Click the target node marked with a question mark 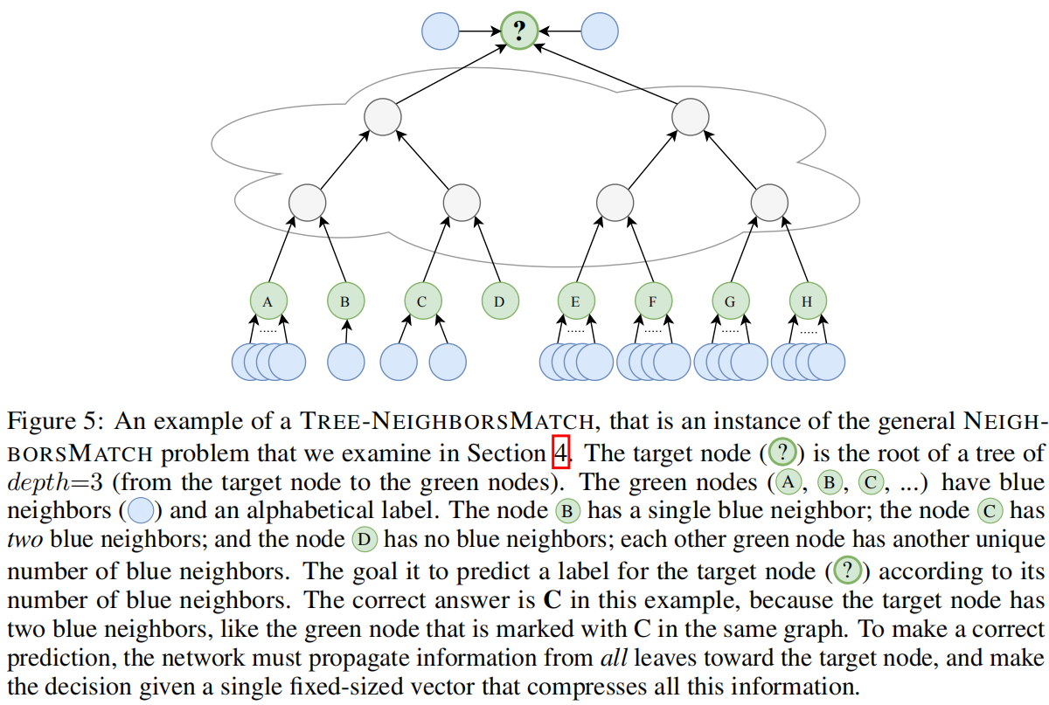[519, 31]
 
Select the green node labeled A [268, 301]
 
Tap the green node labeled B [345, 301]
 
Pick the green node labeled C [422, 301]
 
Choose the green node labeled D [499, 301]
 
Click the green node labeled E [575, 301]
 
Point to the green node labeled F [653, 301]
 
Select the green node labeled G [730, 301]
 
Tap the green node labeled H [807, 301]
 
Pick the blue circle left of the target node [441, 31]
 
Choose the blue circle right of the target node [599, 31]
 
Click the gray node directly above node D [461, 203]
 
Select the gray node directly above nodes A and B [307, 203]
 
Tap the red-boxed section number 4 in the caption [561, 453]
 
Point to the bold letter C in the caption [552, 601]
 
